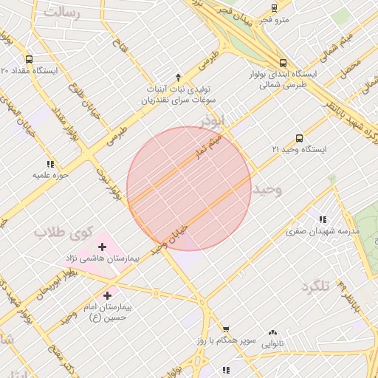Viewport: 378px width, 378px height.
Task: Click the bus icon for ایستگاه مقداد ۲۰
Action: pyautogui.click(x=29, y=59)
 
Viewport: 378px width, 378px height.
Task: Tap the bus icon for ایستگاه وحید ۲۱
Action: pyautogui.click(x=299, y=138)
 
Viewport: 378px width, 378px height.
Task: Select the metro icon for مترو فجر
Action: pyautogui.click(x=275, y=8)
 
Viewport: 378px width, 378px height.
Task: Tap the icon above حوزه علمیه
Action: pyautogui.click(x=50, y=164)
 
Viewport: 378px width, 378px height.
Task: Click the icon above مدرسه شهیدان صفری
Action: pyautogui.click(x=323, y=219)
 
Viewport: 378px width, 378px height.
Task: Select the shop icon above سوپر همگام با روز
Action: pyautogui.click(x=226, y=329)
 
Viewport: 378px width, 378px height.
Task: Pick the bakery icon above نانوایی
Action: pyautogui.click(x=273, y=332)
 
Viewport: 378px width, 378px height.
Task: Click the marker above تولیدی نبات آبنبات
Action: pyautogui.click(x=178, y=77)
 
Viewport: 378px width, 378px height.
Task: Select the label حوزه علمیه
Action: pyautogui.click(x=50, y=176)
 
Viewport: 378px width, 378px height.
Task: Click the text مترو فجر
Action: pyautogui.click(x=273, y=19)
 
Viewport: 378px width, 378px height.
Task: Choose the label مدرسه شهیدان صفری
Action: pyautogui.click(x=323, y=231)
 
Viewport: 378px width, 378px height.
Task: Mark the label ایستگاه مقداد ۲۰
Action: pyautogui.click(x=29, y=71)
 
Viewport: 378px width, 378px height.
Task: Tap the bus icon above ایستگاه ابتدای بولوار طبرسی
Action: pyautogui.click(x=283, y=63)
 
